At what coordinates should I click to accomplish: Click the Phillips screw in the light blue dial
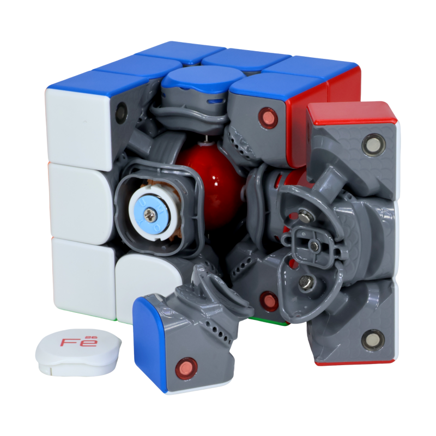(149, 215)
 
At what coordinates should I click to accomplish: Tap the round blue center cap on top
(202, 78)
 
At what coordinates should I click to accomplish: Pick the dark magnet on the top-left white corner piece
(122, 113)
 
